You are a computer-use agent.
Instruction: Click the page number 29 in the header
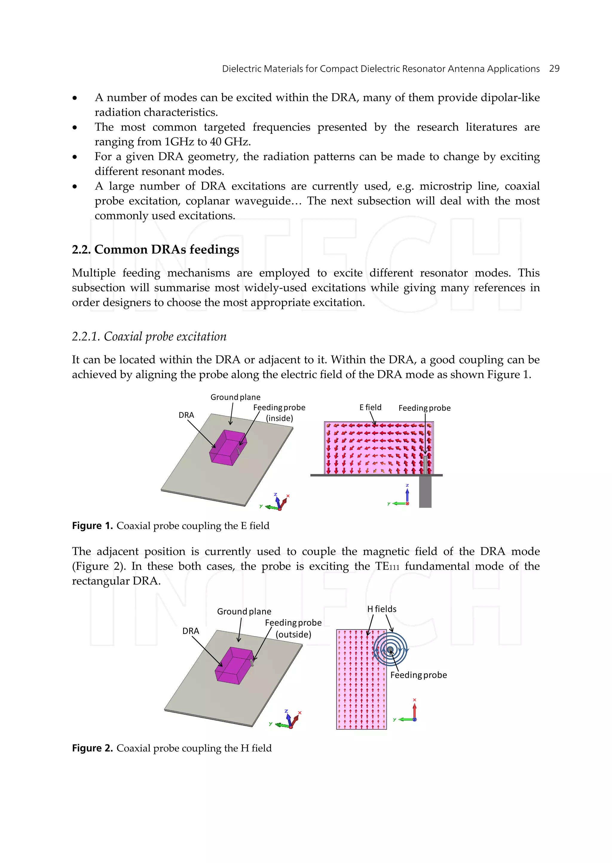click(554, 69)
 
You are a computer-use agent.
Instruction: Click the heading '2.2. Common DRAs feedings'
click(155, 250)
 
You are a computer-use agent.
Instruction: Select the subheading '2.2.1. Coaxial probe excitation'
click(149, 336)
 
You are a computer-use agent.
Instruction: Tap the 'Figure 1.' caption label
click(92, 526)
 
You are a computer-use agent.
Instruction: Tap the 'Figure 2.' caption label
click(92, 748)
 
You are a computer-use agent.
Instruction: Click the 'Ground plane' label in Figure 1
click(235, 397)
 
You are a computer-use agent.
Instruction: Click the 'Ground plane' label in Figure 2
click(244, 611)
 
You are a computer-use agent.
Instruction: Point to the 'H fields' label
click(381, 609)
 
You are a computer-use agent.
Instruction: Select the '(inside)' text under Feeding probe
click(279, 418)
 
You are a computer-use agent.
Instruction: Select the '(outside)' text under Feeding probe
click(293, 634)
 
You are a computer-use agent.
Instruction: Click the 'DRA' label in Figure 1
click(186, 415)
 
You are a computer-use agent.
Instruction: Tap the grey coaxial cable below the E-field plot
click(425, 492)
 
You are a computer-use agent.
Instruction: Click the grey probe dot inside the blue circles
click(390, 649)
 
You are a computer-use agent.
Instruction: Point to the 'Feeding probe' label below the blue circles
click(418, 675)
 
